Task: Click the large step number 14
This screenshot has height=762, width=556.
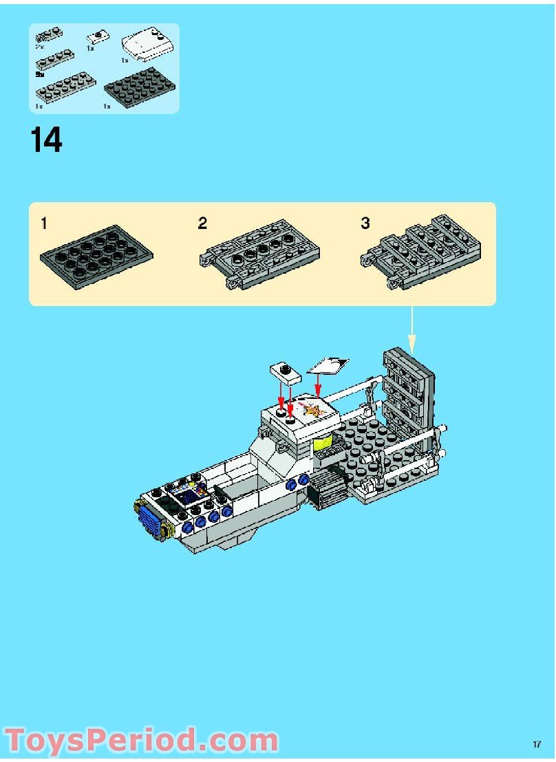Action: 46,140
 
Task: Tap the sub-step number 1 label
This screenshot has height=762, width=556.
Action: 44,224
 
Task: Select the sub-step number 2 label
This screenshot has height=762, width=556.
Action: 202,224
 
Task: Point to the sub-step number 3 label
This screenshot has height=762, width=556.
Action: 365,224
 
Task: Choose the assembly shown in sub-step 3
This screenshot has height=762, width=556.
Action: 421,252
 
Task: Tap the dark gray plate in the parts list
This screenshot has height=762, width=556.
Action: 140,88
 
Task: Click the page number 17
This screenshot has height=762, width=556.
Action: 537,744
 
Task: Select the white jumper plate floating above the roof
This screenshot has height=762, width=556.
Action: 284,373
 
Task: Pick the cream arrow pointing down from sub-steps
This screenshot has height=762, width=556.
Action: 412,327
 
